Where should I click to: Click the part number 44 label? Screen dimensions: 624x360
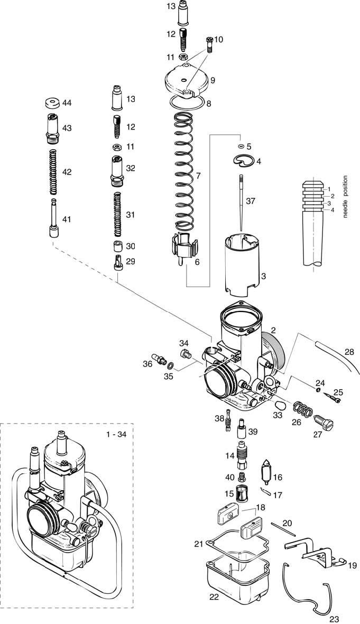67,102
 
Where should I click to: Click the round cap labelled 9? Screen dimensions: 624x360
182,79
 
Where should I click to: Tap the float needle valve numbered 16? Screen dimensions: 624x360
266,472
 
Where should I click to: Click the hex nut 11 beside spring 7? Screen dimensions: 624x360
183,57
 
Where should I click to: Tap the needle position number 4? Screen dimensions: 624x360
332,210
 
